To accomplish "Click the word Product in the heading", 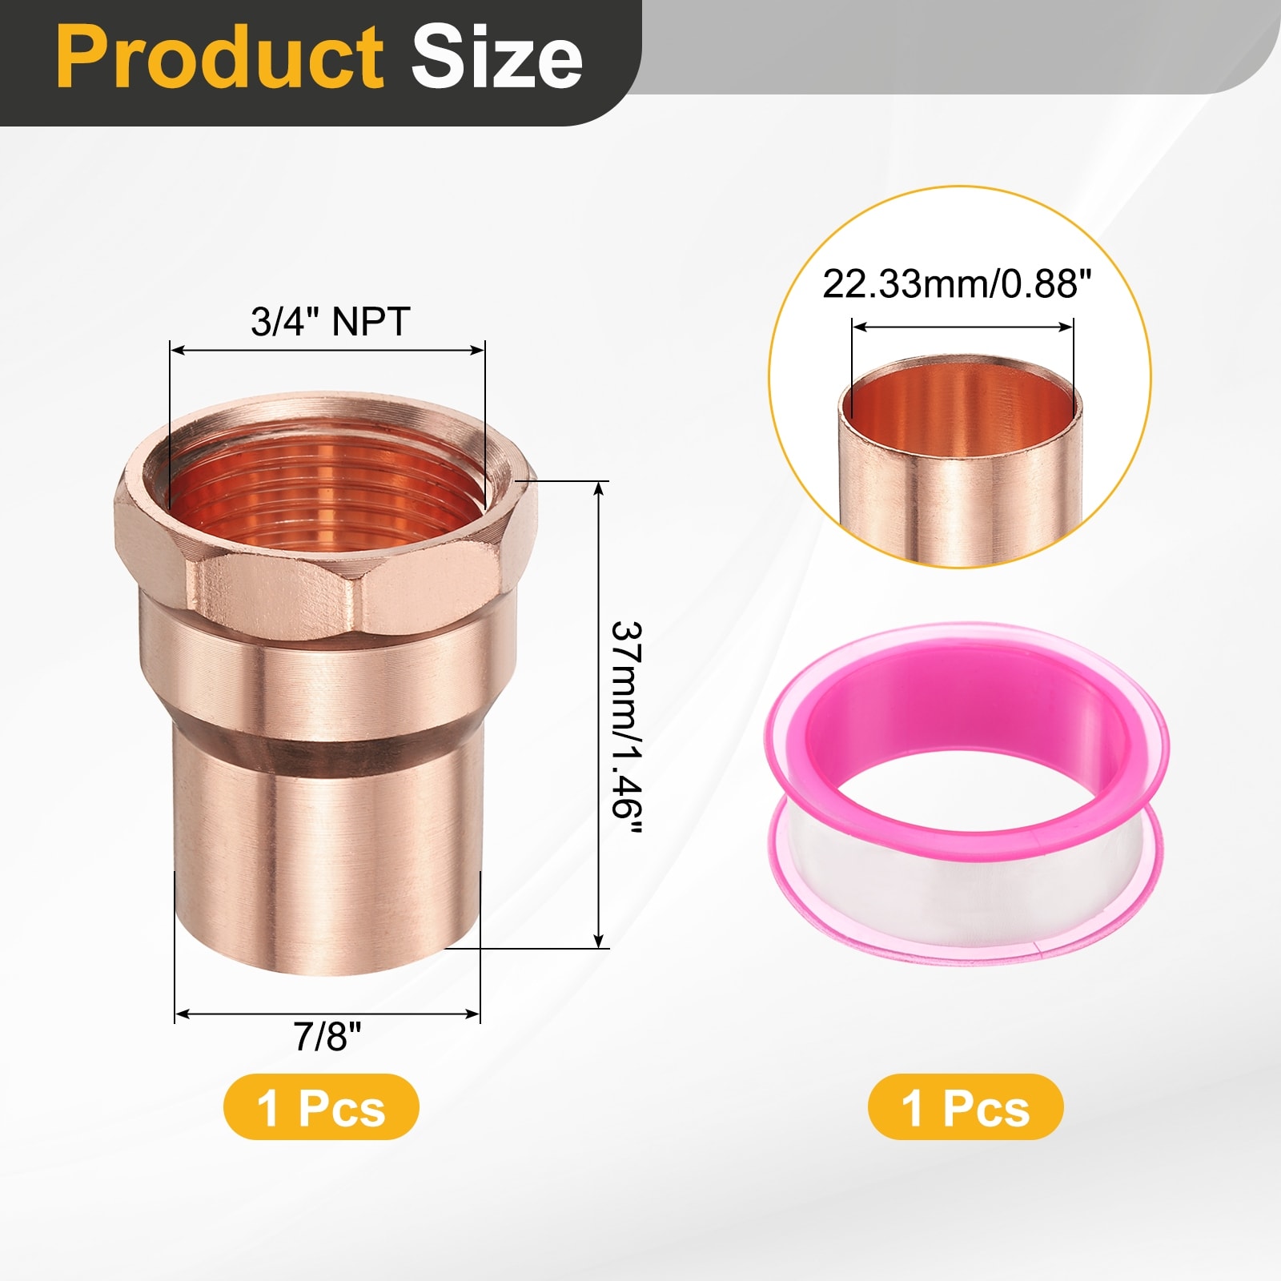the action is coord(219,57).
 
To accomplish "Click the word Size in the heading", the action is coord(497,57).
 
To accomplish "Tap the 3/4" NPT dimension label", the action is coord(330,321).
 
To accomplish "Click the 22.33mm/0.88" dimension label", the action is coord(958,283).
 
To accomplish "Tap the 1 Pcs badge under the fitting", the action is coord(321,1107).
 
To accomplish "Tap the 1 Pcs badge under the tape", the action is coord(966,1107).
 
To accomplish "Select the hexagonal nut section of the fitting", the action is coord(324,552).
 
